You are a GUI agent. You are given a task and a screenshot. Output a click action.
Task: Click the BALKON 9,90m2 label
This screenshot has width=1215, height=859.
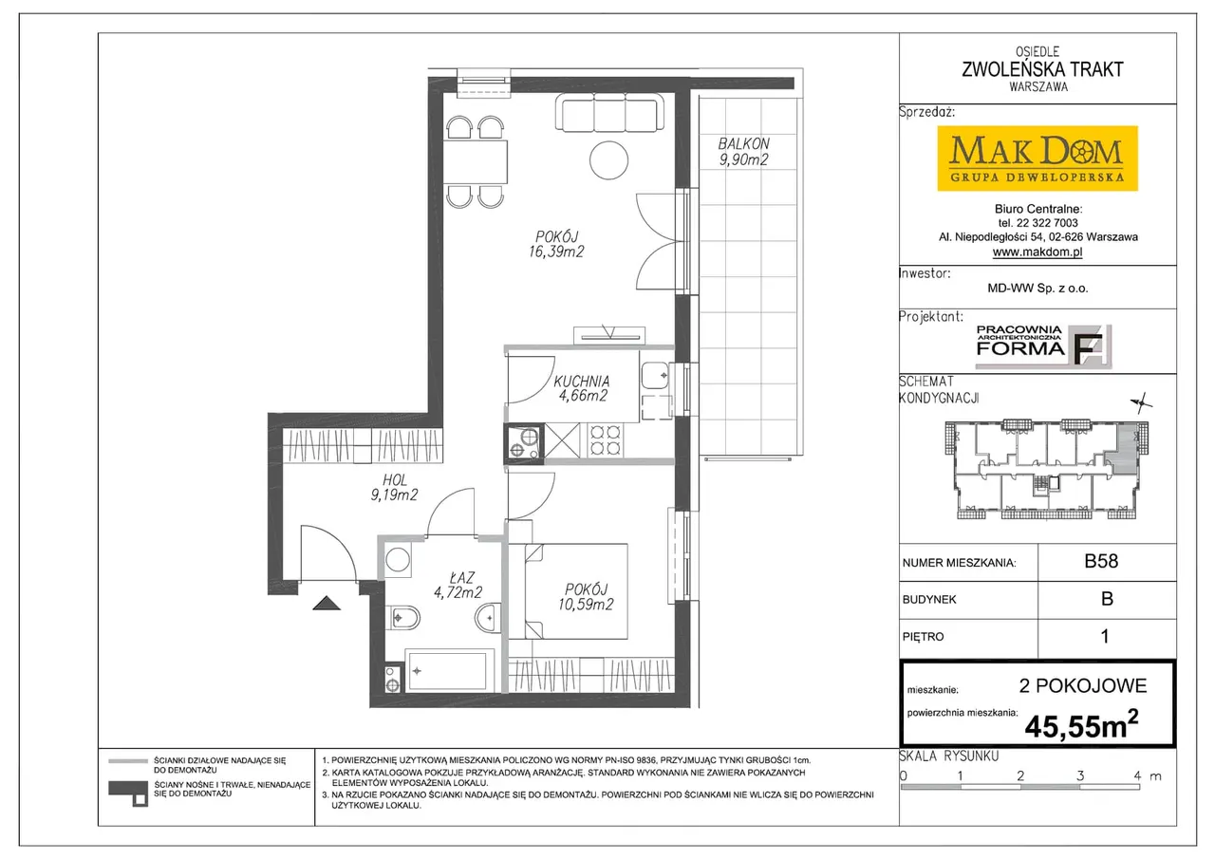pyautogui.click(x=743, y=152)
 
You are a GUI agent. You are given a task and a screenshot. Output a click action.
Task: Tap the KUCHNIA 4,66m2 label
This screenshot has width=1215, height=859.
pyautogui.click(x=582, y=388)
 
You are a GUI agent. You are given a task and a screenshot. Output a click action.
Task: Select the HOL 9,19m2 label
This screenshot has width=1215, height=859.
pyautogui.click(x=394, y=488)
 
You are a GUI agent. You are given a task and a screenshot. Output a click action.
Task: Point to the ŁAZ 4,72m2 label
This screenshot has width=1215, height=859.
pyautogui.click(x=458, y=585)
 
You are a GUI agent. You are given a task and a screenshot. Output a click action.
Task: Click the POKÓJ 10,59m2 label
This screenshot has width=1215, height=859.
pyautogui.click(x=586, y=596)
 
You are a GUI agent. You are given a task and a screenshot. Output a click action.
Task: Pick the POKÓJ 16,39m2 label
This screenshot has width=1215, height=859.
pyautogui.click(x=556, y=244)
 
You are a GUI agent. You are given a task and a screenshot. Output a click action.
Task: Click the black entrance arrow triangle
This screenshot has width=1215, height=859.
pyautogui.click(x=327, y=603)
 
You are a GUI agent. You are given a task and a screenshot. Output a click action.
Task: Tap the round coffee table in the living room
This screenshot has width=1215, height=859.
pyautogui.click(x=608, y=160)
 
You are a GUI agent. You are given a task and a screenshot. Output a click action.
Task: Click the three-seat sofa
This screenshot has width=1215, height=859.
pyautogui.click(x=609, y=112)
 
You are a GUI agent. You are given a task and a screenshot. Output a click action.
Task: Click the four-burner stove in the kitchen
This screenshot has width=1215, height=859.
pyautogui.click(x=605, y=440)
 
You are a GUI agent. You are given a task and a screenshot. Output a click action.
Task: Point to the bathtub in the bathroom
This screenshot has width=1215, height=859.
pyautogui.click(x=450, y=671)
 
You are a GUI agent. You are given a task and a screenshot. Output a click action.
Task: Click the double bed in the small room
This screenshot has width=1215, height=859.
pyautogui.click(x=576, y=591)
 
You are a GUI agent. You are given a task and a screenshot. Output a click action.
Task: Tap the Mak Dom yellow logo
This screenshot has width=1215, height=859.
pyautogui.click(x=1037, y=159)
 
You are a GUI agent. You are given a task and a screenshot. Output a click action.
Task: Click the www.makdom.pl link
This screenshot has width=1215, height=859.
pyautogui.click(x=1037, y=252)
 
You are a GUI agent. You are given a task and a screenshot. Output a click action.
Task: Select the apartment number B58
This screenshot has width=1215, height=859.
pyautogui.click(x=1101, y=561)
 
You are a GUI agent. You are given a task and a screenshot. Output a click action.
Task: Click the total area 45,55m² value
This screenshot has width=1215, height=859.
pyautogui.click(x=1081, y=725)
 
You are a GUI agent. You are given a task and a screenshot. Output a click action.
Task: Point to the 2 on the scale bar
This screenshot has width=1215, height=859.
pyautogui.click(x=1020, y=775)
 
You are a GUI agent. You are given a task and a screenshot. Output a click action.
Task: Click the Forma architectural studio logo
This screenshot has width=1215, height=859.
pyautogui.click(x=1043, y=346)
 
